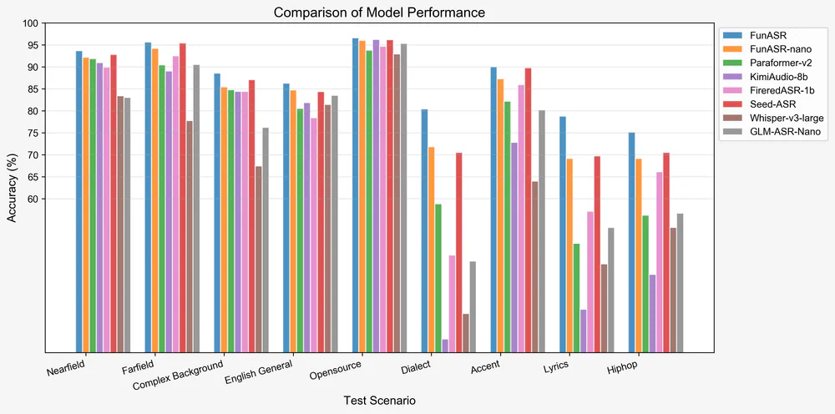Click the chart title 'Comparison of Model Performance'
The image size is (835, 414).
click(380, 13)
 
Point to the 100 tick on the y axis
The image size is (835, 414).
click(32, 23)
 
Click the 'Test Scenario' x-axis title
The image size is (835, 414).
click(380, 401)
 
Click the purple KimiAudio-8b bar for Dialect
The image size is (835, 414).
click(445, 346)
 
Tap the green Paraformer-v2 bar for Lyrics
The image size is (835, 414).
click(576, 298)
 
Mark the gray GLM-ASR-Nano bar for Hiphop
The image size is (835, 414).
click(680, 283)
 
